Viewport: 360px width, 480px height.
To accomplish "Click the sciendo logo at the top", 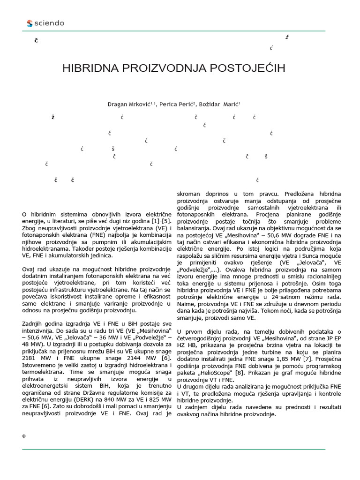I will [x=45, y=23].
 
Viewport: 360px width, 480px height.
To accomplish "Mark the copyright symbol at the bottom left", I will [x=23, y=436].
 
